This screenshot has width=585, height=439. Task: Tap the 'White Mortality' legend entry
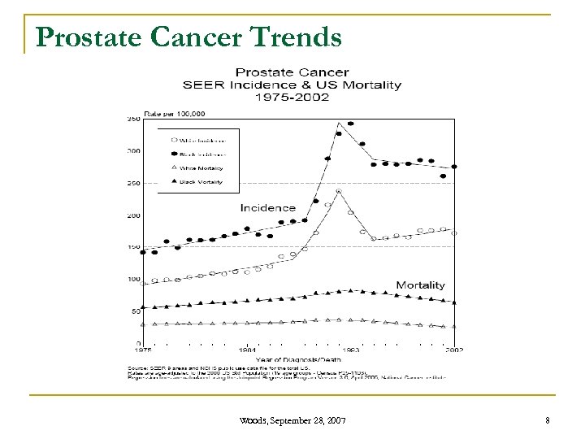pos(201,167)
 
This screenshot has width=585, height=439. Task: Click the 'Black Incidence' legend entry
pos(201,152)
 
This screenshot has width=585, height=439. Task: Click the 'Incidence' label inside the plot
pos(267,208)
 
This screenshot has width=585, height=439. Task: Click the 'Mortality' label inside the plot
pos(420,285)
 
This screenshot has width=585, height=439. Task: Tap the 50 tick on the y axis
pos(133,311)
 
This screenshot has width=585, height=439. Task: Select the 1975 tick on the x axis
pos(143,350)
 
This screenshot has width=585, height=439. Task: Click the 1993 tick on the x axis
pos(351,350)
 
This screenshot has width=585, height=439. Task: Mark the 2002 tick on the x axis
pos(453,350)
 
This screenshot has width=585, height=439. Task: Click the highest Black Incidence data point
pos(350,124)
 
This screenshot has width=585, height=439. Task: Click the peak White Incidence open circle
pos(339,192)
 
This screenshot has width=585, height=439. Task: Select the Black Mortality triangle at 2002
pos(454,302)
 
